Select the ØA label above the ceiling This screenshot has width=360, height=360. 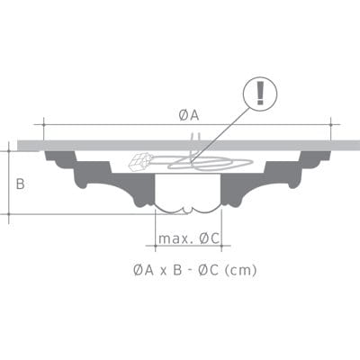tap(188, 114)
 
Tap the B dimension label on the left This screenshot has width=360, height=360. tap(21, 184)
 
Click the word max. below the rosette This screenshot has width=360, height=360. tap(174, 238)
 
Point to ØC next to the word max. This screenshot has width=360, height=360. tap(210, 238)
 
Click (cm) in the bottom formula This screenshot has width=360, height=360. tap(238, 269)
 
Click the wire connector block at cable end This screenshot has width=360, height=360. tap(140, 163)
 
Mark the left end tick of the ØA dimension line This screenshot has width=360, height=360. tap(43, 124)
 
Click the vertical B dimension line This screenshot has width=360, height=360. tap(9, 184)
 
